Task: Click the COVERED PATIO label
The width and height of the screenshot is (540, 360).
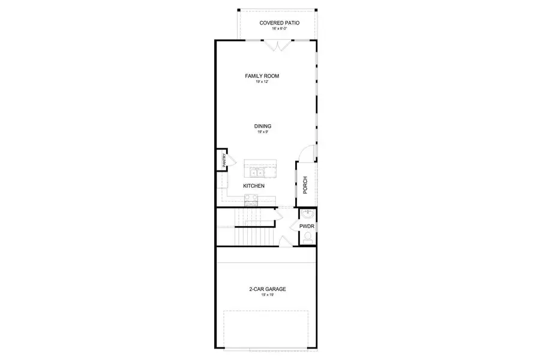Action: [279, 23]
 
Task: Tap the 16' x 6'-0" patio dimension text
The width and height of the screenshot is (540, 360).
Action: [279, 29]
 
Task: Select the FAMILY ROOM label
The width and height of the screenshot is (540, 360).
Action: [262, 76]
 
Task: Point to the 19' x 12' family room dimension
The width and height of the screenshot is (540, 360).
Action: [262, 82]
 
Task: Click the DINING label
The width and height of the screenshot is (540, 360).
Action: [263, 126]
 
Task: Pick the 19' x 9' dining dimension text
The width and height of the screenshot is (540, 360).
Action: [263, 132]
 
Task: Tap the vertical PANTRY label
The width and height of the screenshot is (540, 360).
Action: [223, 160]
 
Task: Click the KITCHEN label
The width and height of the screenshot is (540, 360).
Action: [254, 186]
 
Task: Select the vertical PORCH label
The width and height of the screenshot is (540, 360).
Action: [305, 185]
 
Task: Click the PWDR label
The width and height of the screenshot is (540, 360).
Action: [307, 226]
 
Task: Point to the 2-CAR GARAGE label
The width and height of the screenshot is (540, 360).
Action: [268, 289]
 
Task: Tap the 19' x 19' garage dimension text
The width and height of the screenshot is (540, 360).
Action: [268, 295]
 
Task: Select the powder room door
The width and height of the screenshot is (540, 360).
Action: [294, 226]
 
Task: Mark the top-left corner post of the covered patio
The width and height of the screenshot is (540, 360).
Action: [239, 10]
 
